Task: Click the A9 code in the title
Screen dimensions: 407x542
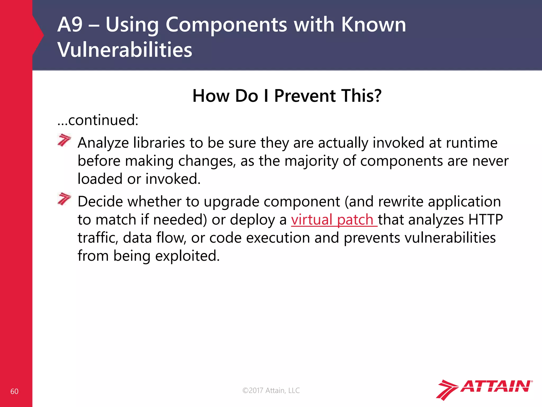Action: (x=70, y=25)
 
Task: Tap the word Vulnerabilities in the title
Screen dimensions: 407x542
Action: (x=125, y=50)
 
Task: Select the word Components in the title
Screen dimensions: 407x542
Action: (x=226, y=25)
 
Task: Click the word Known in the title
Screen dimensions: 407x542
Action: (x=373, y=25)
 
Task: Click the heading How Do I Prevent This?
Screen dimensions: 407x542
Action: (x=287, y=96)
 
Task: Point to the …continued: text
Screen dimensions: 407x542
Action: (x=98, y=120)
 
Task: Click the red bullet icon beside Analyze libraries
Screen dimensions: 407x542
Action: (x=64, y=140)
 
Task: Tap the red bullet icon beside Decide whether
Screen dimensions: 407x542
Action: (x=64, y=199)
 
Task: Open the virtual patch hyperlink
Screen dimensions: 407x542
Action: (x=334, y=220)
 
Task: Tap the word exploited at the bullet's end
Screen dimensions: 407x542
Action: (x=187, y=256)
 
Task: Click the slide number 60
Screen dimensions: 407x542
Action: (x=14, y=391)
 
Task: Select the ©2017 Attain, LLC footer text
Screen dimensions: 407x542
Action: (x=271, y=390)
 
